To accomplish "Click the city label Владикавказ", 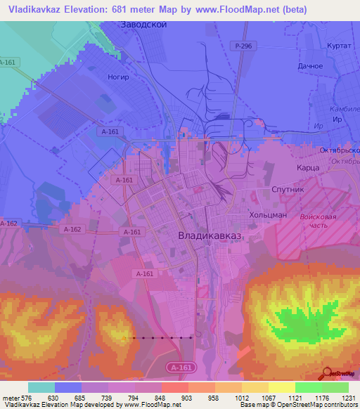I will point(209,236).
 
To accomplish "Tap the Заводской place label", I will point(143,25).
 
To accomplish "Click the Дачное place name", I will point(309,66).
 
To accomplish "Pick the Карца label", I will point(308,169).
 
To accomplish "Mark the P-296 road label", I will point(243,46).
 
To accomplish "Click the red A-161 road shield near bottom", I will point(181,367).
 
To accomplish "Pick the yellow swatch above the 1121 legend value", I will point(282,387).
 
